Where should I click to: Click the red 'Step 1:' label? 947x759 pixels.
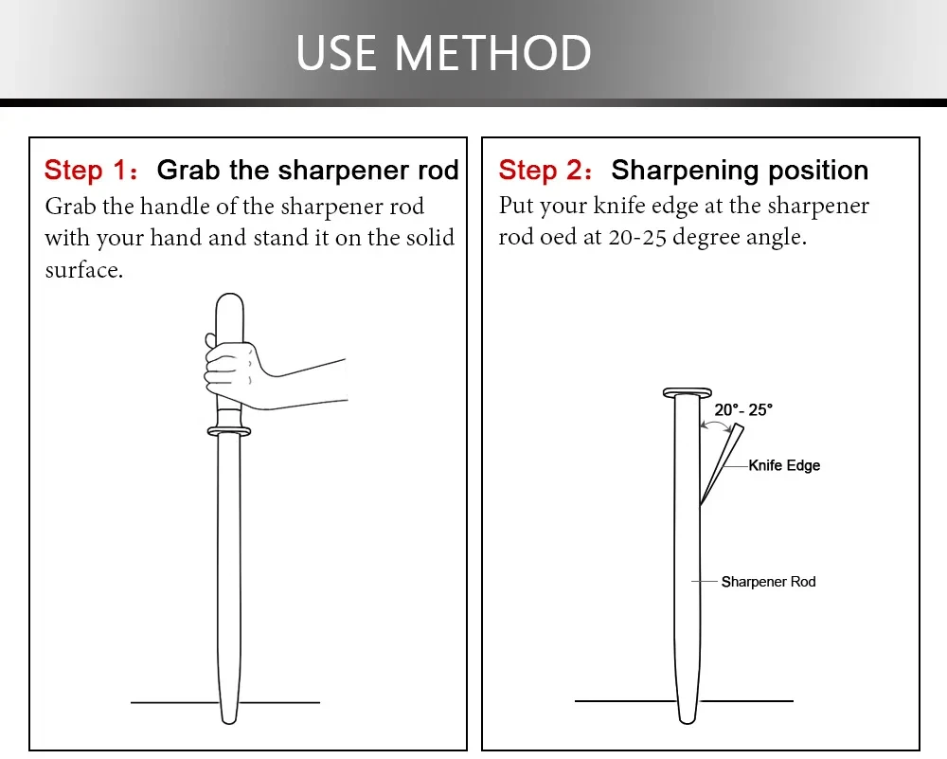[92, 170]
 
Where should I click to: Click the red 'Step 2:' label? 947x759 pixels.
[545, 170]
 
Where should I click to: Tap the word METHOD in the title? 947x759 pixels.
[492, 53]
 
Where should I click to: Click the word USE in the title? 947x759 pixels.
[336, 53]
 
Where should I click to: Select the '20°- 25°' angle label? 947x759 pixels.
[743, 409]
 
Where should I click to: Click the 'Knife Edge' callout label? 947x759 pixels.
[784, 465]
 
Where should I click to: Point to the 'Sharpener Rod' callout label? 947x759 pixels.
[768, 582]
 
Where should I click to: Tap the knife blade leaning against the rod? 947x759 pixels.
[723, 464]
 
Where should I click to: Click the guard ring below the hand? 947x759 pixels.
[229, 431]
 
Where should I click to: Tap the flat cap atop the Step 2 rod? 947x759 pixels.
[688, 393]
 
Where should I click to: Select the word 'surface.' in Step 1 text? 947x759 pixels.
[84, 270]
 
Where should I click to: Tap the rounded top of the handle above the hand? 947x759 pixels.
[229, 302]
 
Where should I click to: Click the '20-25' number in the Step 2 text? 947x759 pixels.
[637, 237]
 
